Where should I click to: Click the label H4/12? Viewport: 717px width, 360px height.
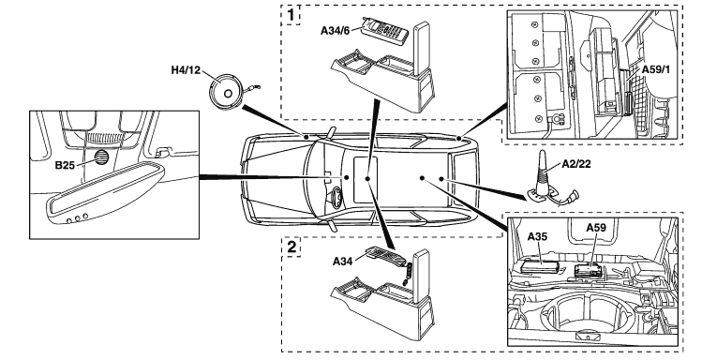click(x=186, y=70)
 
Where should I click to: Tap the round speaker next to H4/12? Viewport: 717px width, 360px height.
click(x=226, y=94)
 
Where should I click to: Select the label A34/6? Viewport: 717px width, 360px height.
click(x=336, y=31)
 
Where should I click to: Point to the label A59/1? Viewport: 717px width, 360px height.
click(x=656, y=69)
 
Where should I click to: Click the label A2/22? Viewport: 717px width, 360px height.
click(x=576, y=164)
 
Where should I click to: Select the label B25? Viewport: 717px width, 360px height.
click(x=65, y=165)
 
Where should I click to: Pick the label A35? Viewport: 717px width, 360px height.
click(x=537, y=236)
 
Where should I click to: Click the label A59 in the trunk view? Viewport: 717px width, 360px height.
click(x=596, y=228)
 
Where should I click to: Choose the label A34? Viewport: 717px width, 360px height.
click(x=342, y=262)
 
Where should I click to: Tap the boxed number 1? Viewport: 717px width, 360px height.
click(x=291, y=16)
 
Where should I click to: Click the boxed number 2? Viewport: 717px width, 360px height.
click(x=291, y=247)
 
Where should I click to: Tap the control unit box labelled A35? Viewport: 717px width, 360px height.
click(x=541, y=265)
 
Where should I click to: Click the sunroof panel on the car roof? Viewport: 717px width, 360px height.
click(x=366, y=179)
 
